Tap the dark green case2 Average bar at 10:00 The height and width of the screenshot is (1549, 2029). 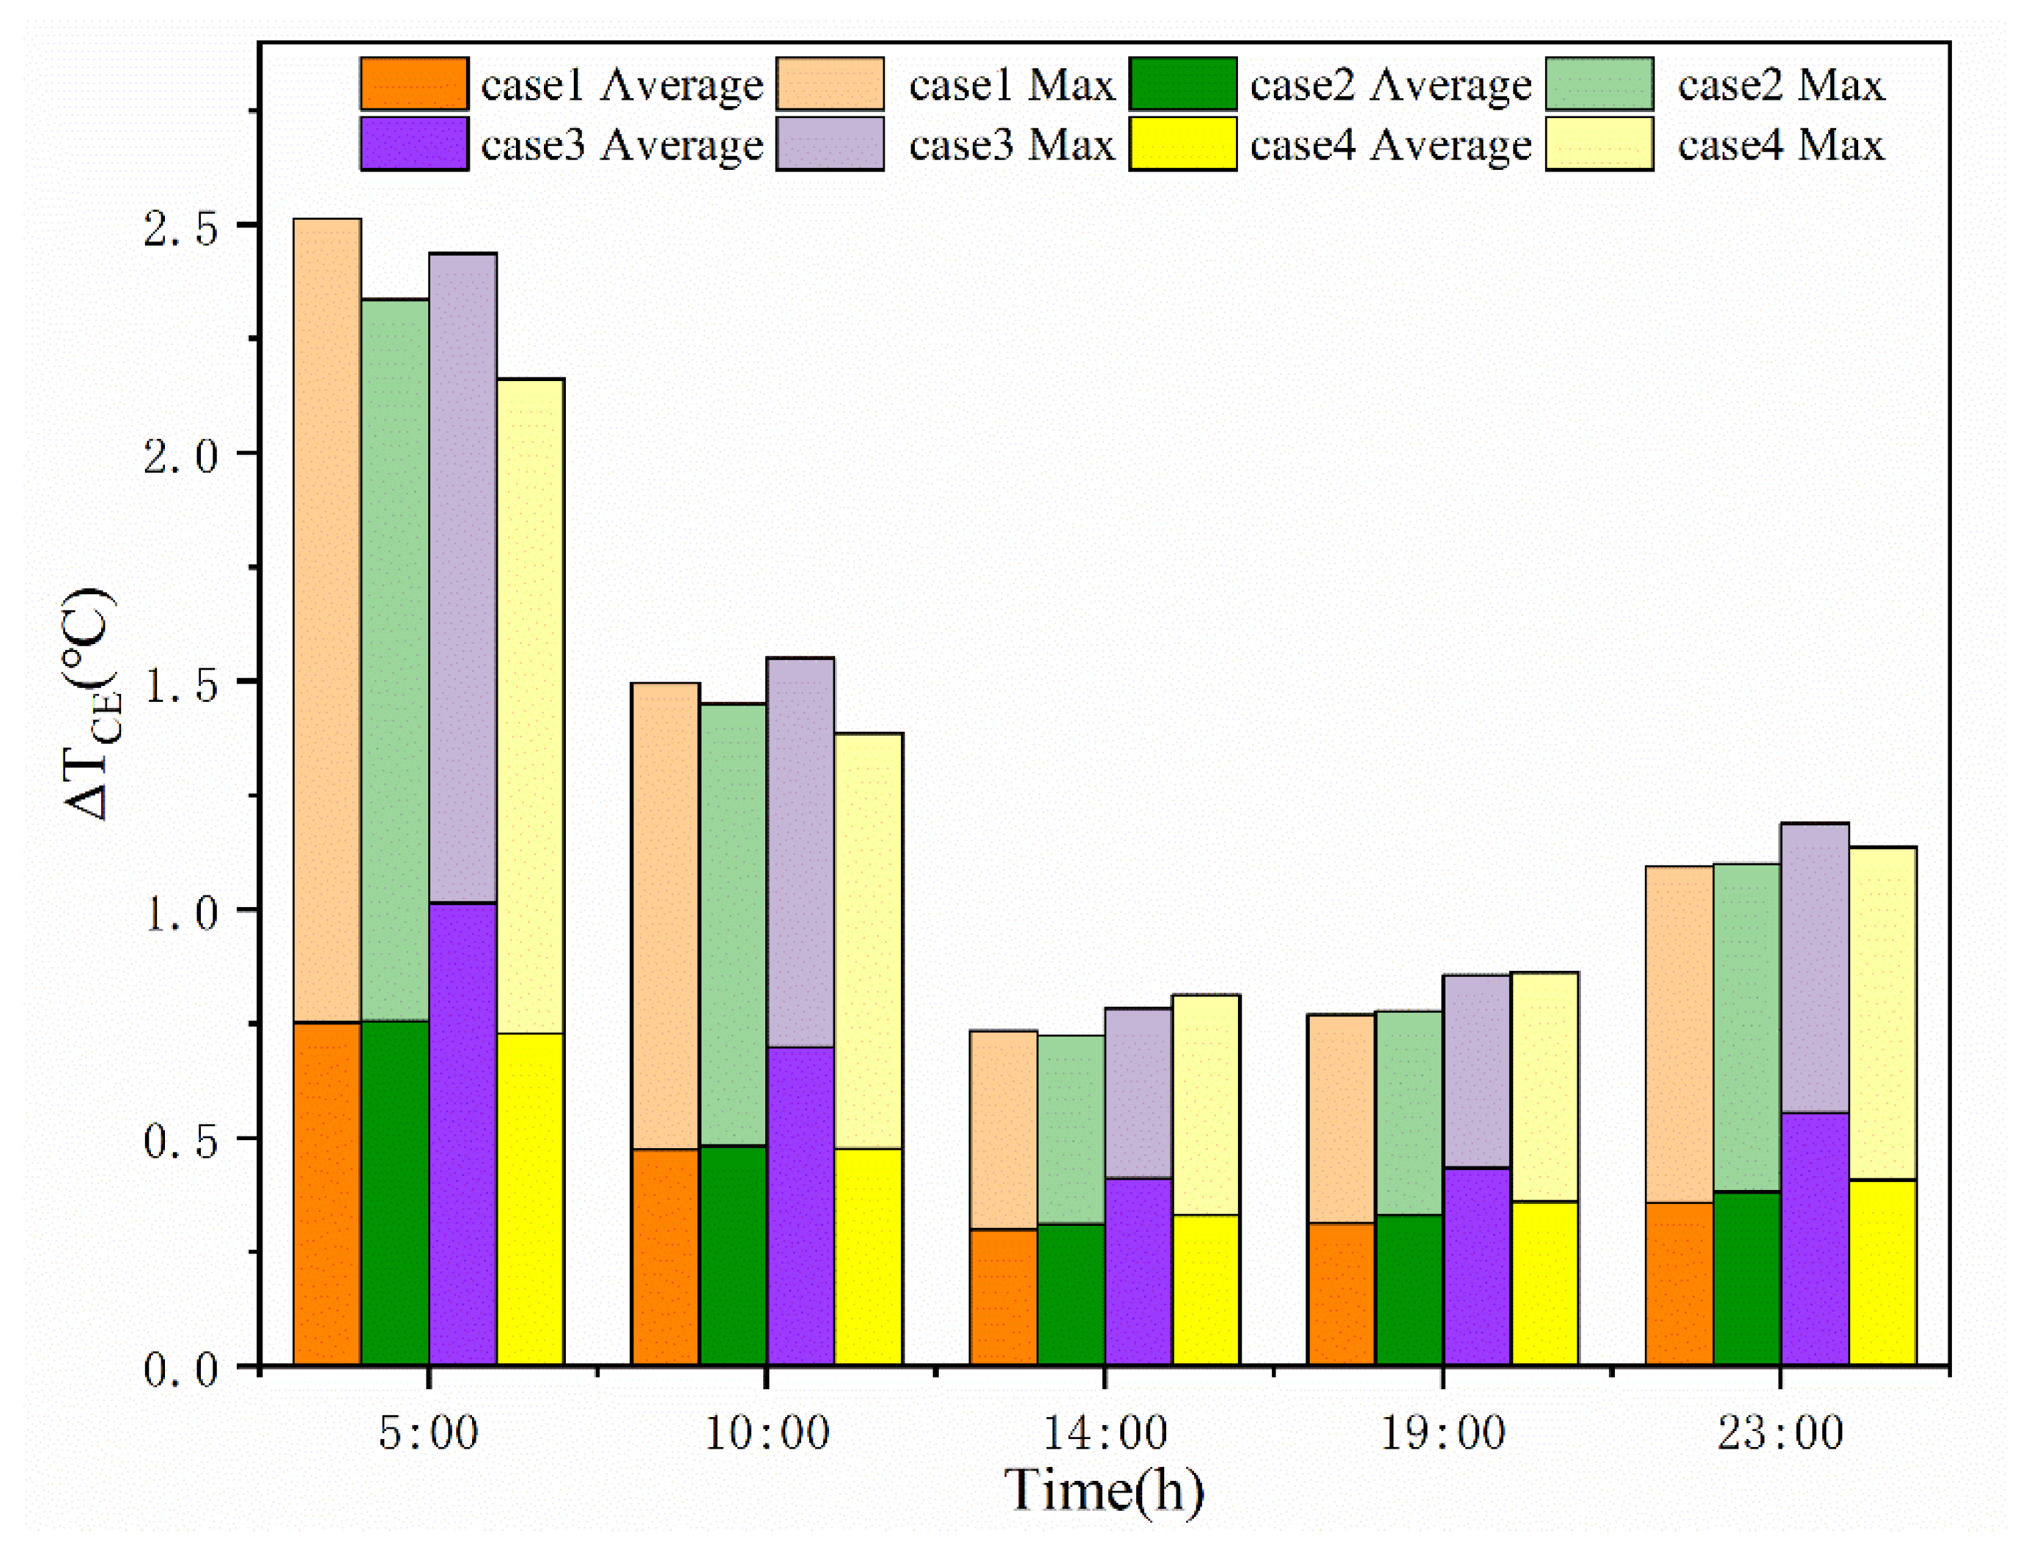point(732,1254)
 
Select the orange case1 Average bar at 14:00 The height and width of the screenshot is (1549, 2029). point(1003,1295)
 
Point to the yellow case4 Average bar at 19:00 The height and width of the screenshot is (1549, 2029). point(1544,1282)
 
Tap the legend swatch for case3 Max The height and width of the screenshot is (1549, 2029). point(829,143)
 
